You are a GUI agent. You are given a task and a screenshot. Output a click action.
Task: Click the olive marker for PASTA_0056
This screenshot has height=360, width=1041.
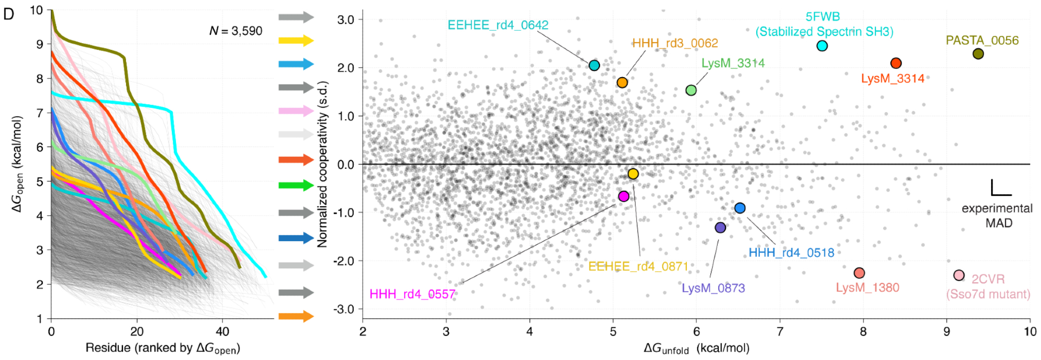(x=978, y=54)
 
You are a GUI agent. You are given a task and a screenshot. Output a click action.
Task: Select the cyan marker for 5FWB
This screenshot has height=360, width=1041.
(x=822, y=46)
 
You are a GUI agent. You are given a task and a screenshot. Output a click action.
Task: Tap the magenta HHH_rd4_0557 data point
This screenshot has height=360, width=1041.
(x=623, y=196)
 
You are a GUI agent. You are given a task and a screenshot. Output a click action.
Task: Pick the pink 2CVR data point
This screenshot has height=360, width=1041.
(x=959, y=275)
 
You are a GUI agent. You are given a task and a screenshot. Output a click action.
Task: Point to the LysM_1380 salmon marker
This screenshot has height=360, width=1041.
(x=859, y=273)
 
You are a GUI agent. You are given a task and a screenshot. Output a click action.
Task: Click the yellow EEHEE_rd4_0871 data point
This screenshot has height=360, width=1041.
(x=633, y=174)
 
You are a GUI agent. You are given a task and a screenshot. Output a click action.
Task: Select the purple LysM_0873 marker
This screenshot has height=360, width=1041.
(x=720, y=228)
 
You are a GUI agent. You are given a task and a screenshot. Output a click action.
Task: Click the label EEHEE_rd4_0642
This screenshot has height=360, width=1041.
(x=498, y=25)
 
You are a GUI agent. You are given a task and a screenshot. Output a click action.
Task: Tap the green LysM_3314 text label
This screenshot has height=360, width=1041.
(x=733, y=63)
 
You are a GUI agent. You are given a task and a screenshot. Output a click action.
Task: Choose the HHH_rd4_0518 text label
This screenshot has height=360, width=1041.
(x=791, y=253)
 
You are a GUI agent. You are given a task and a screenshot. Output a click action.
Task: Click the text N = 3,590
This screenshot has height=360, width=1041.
(x=236, y=31)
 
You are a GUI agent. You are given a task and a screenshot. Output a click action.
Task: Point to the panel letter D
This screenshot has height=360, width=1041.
(x=8, y=14)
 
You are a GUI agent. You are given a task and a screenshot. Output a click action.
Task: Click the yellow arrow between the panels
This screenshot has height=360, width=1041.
(x=296, y=41)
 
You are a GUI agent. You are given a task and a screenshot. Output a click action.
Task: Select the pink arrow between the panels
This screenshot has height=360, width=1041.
(x=296, y=111)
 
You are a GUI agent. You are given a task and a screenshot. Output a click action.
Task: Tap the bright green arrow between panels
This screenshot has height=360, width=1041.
(x=296, y=185)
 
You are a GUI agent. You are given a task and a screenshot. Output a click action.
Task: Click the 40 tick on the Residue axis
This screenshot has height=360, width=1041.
(x=222, y=331)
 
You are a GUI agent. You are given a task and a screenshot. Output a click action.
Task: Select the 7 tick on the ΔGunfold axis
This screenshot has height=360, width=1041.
(x=780, y=331)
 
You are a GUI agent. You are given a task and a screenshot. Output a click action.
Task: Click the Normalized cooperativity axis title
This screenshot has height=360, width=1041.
(x=323, y=164)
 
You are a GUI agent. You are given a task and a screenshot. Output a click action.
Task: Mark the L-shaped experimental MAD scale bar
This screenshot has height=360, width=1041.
(x=1000, y=189)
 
